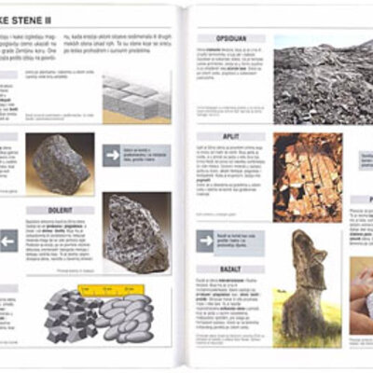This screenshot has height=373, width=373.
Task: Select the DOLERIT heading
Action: [59, 211]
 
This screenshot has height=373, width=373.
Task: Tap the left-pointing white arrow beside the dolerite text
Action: [7, 242]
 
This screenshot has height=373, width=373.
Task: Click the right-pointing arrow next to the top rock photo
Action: [113, 155]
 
